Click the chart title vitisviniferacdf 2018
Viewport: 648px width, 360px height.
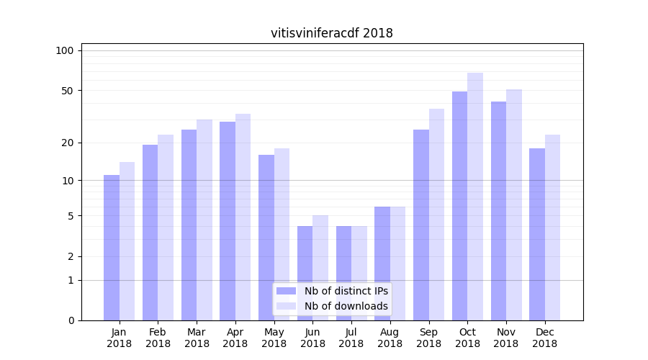click(331, 33)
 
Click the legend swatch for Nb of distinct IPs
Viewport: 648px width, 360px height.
click(286, 291)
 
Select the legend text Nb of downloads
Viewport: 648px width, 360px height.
click(346, 306)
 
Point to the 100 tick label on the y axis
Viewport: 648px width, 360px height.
click(65, 50)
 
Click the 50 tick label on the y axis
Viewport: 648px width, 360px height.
click(67, 91)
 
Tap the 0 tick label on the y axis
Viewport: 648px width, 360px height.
click(71, 320)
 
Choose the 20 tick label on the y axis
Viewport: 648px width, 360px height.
click(67, 143)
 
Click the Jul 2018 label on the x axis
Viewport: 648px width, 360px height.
click(351, 338)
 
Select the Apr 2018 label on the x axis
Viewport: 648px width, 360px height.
click(235, 338)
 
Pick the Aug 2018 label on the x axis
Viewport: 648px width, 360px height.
click(390, 338)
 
